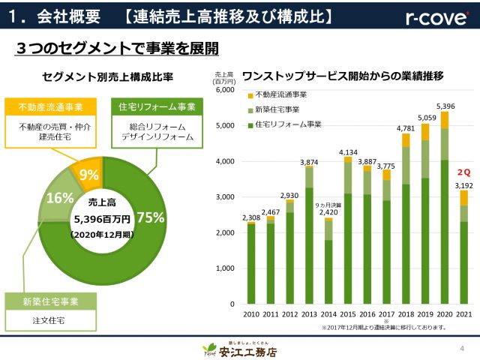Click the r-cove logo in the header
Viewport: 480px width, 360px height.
tap(438, 16)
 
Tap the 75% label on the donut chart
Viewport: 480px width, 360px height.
tap(151, 217)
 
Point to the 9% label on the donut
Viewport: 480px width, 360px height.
tap(89, 175)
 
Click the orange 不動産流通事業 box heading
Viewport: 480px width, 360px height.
tap(52, 106)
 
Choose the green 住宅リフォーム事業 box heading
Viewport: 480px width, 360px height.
tap(157, 106)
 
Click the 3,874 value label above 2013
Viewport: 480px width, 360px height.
tap(309, 162)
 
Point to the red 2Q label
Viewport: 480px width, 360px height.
tap(463, 172)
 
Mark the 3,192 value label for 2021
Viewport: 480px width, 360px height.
tap(464, 184)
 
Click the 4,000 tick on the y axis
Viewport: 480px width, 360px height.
tap(226, 161)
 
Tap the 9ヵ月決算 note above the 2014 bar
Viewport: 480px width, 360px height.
tap(328, 205)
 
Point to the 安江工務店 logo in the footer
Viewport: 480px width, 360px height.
tap(240, 349)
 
